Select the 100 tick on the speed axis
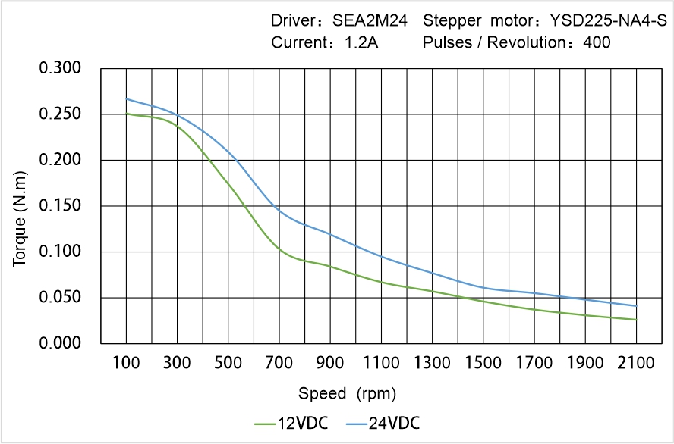(x=126, y=364)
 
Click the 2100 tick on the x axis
(x=636, y=364)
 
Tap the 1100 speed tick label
(x=381, y=364)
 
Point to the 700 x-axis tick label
(x=279, y=364)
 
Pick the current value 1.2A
(x=361, y=42)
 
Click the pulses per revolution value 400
(x=597, y=42)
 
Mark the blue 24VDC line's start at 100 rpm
(x=126, y=98)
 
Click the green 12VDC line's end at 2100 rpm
(x=636, y=320)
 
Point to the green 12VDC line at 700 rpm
(x=279, y=249)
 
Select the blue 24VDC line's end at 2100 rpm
(x=636, y=306)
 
